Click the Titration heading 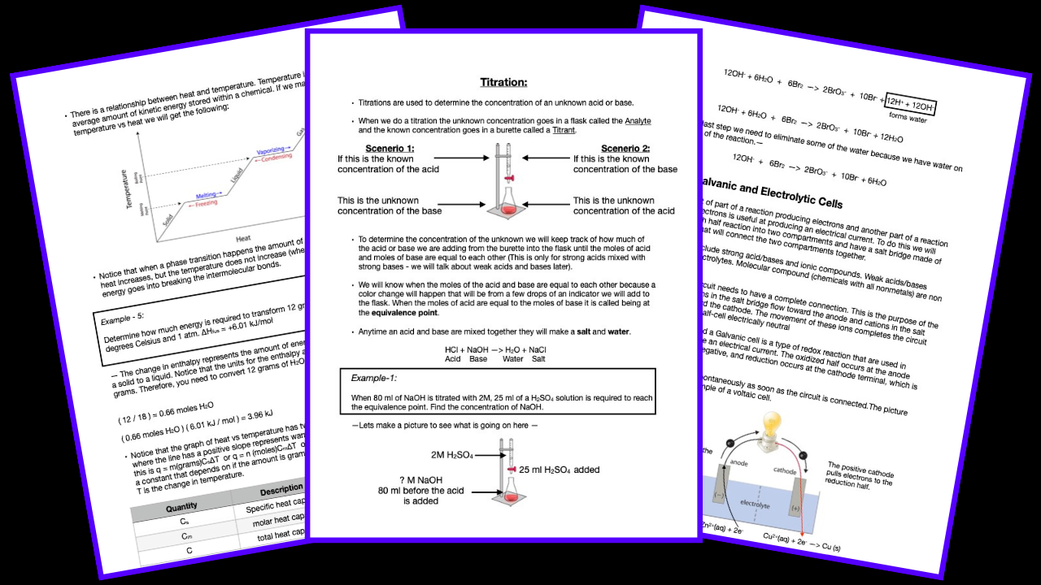click(x=503, y=82)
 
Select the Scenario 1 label click(x=390, y=148)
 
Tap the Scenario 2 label click(x=625, y=148)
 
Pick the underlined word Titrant click(x=564, y=130)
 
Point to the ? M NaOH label click(x=415, y=479)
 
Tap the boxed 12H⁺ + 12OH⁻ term click(x=911, y=103)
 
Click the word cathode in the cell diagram click(x=784, y=472)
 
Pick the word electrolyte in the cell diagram click(x=755, y=505)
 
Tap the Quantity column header click(x=181, y=507)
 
